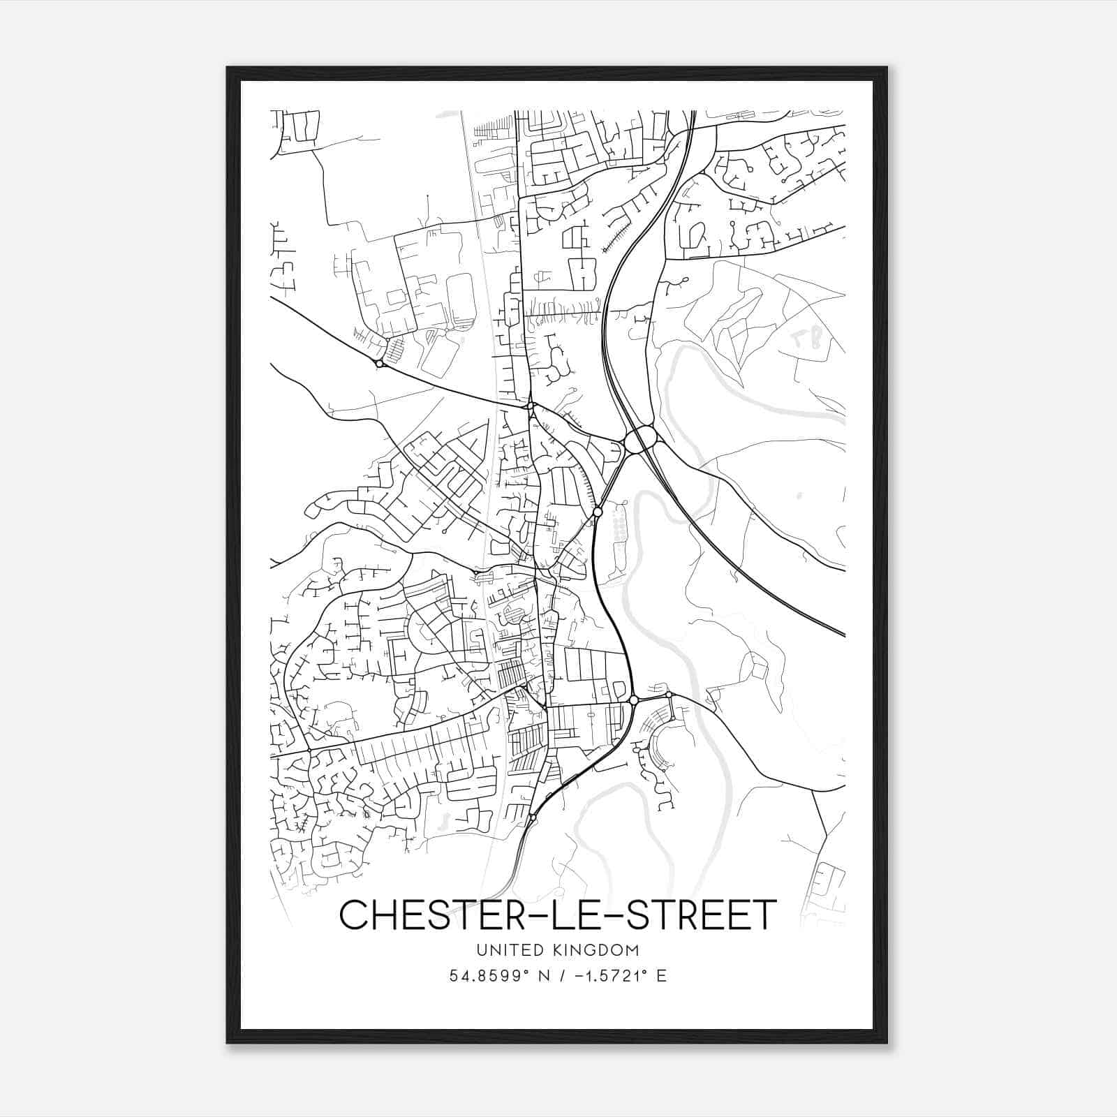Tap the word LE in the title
tap(575, 915)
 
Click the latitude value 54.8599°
tap(489, 975)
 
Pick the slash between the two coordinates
tap(562, 975)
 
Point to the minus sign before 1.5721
tap(578, 975)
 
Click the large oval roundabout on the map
tap(641, 440)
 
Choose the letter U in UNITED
tap(480, 950)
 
